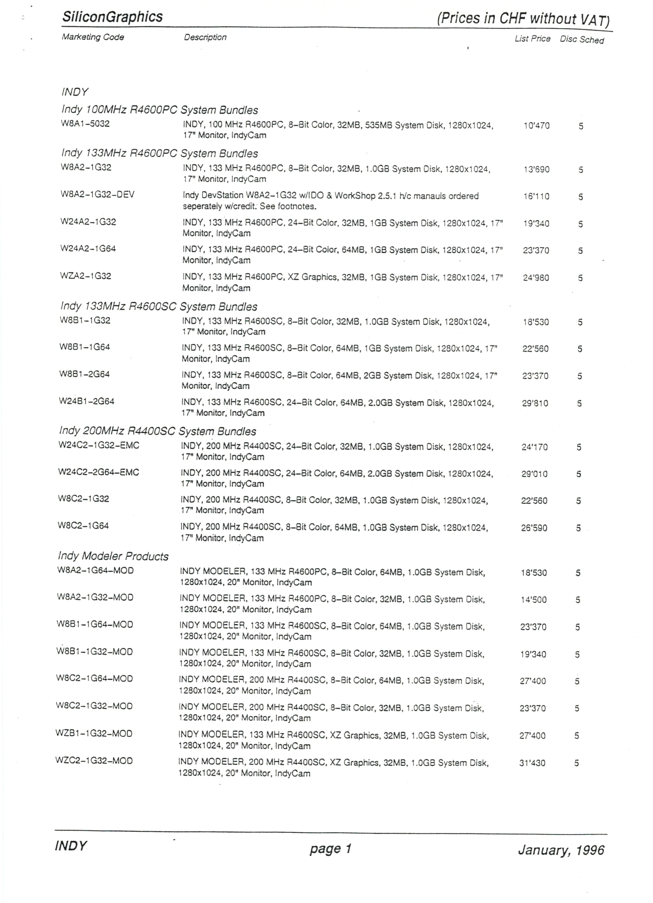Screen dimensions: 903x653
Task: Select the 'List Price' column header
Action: [x=532, y=39]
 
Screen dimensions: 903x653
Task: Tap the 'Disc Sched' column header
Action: [x=582, y=39]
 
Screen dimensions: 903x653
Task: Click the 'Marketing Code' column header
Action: [x=93, y=37]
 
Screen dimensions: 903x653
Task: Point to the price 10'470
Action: [x=537, y=126]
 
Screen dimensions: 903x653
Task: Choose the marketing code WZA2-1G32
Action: [x=86, y=276]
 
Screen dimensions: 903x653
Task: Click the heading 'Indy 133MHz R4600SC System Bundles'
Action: [x=159, y=307]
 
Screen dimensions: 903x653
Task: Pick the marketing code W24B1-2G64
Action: [x=87, y=401]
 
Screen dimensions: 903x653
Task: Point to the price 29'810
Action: [x=535, y=403]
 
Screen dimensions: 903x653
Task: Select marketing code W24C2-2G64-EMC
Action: [x=99, y=472]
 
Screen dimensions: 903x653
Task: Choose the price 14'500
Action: [x=533, y=600]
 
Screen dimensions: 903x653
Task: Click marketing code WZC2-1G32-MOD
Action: [x=94, y=761]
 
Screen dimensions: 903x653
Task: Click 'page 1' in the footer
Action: [x=330, y=849]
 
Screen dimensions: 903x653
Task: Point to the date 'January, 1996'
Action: [x=561, y=850]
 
